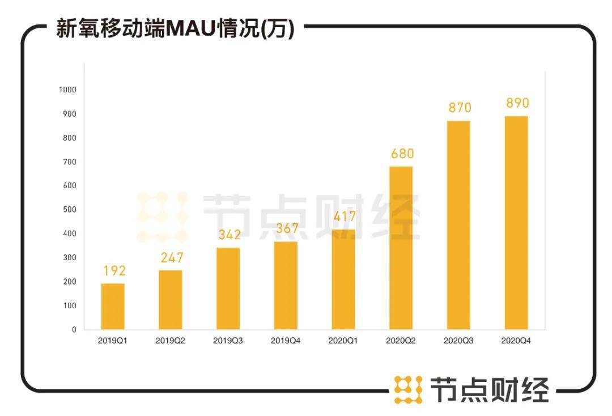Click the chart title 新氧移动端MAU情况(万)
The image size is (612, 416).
point(175,28)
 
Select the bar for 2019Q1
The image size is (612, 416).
point(113,306)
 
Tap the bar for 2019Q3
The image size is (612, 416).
point(228,288)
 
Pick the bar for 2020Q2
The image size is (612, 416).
point(401,248)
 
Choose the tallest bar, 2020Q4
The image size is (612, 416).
point(516,223)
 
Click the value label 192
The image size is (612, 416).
point(114,271)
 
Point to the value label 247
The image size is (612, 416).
point(172,258)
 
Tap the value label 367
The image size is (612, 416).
point(287,229)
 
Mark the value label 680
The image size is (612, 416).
point(402,154)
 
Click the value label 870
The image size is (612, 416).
point(460,108)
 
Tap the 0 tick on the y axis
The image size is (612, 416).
point(74,329)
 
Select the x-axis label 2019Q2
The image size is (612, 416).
point(170,341)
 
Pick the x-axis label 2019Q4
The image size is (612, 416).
point(286,341)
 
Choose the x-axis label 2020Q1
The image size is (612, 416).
point(343,341)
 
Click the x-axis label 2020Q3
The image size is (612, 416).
point(458,341)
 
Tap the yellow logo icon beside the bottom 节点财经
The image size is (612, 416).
point(408,390)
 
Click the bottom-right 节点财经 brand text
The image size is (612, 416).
point(489,390)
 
